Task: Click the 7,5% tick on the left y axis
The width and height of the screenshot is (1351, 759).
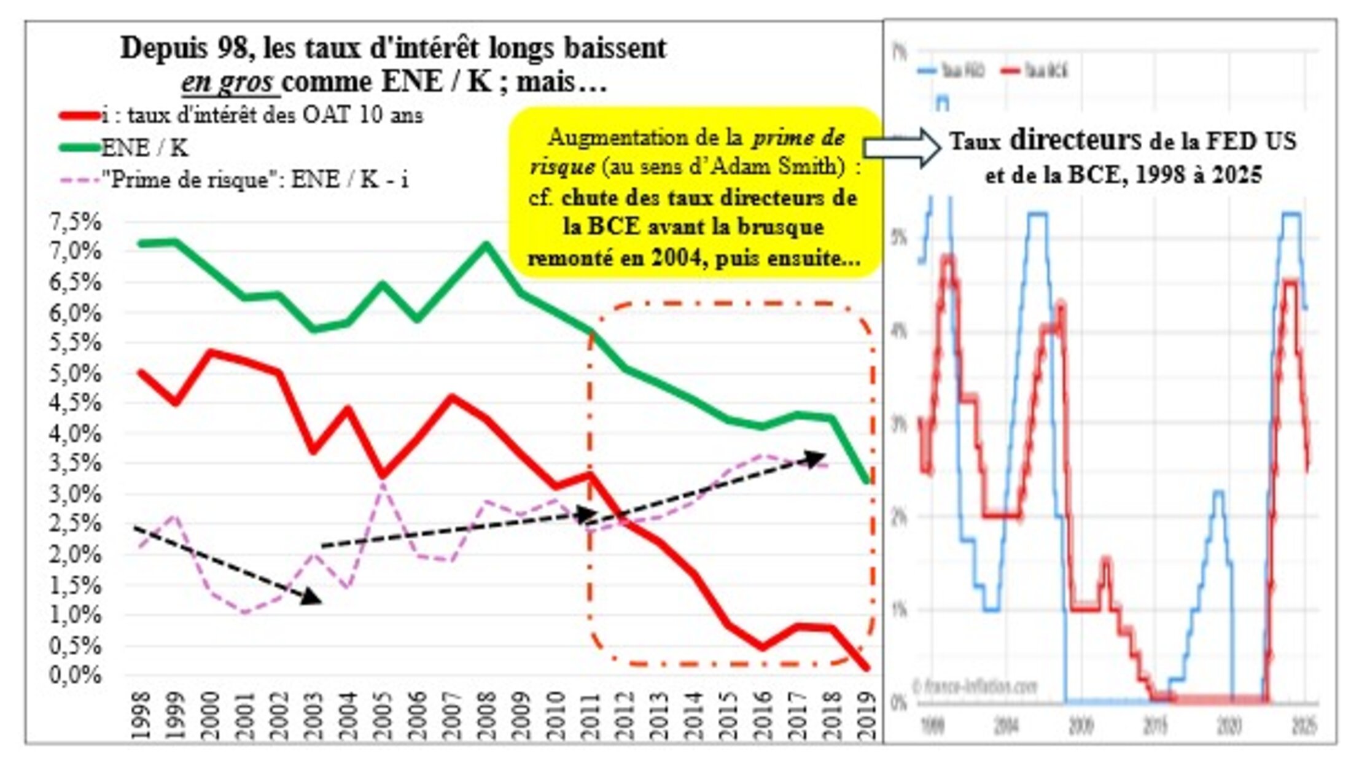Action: tap(75, 222)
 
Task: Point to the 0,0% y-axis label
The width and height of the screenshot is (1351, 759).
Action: tap(75, 675)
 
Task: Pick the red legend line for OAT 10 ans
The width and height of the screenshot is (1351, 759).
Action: tap(79, 115)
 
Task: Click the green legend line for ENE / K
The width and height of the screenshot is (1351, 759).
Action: tap(79, 147)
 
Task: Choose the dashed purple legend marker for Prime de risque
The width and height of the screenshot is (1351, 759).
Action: tap(79, 181)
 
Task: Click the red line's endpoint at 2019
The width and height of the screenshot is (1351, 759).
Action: tap(866, 668)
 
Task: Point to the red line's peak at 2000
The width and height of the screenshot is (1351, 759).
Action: tap(211, 352)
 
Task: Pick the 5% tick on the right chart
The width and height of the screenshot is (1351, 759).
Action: tap(898, 238)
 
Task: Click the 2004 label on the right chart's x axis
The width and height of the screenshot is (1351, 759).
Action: tap(1006, 726)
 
